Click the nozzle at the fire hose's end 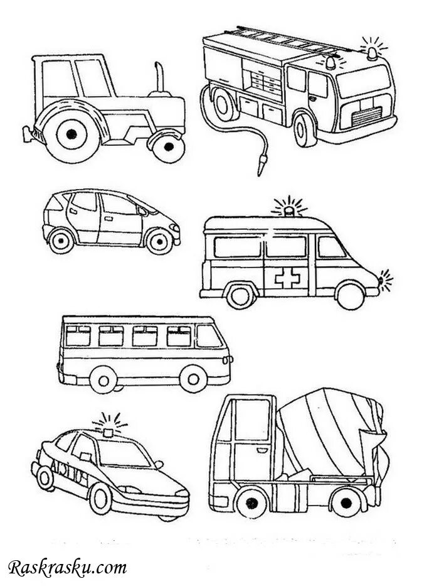point(260,167)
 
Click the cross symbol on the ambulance point(287,277)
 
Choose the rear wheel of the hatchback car point(61,239)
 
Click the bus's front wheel point(193,378)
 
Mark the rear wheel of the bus point(103,379)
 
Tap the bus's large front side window point(209,337)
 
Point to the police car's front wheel point(100,498)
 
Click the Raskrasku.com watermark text point(67,568)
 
